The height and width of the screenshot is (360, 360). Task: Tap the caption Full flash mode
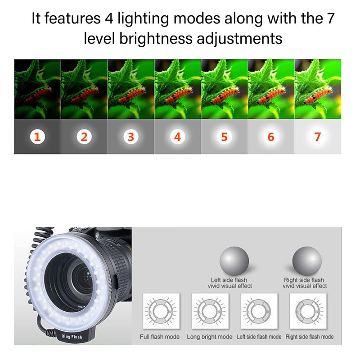coord(160,337)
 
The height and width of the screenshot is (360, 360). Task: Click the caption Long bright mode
coord(210,337)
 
